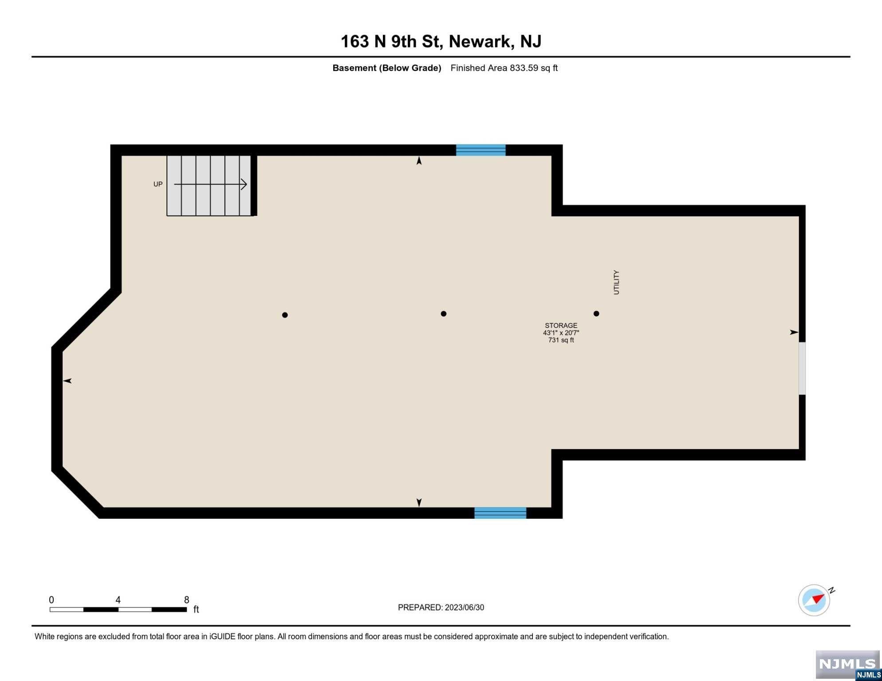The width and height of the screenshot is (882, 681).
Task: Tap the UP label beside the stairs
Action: [x=158, y=184]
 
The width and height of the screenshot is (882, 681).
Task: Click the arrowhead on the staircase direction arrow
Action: [x=244, y=184]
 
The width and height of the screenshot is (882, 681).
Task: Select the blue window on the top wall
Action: [x=481, y=150]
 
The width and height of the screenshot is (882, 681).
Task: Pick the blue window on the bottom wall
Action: [x=500, y=513]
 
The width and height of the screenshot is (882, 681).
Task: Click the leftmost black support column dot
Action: [x=285, y=315]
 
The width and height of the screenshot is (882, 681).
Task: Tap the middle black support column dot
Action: [x=444, y=313]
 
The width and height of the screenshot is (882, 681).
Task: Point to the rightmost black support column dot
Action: [x=596, y=313]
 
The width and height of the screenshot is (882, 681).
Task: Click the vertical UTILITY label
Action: [x=616, y=282]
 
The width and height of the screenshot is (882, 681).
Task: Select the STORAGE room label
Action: [x=561, y=325]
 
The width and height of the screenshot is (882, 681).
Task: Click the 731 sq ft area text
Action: [x=561, y=340]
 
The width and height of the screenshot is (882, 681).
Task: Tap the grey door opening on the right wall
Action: [x=802, y=368]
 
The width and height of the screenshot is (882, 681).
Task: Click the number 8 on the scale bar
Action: [x=187, y=600]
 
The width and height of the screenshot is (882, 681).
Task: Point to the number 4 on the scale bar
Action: [x=118, y=600]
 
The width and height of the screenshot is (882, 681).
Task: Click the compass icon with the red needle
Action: [x=814, y=600]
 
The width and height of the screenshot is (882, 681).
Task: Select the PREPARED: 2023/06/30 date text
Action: [x=441, y=607]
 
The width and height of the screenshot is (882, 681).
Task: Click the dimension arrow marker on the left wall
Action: [x=67, y=381]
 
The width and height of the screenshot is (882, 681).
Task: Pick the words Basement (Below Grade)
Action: [x=387, y=68]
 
